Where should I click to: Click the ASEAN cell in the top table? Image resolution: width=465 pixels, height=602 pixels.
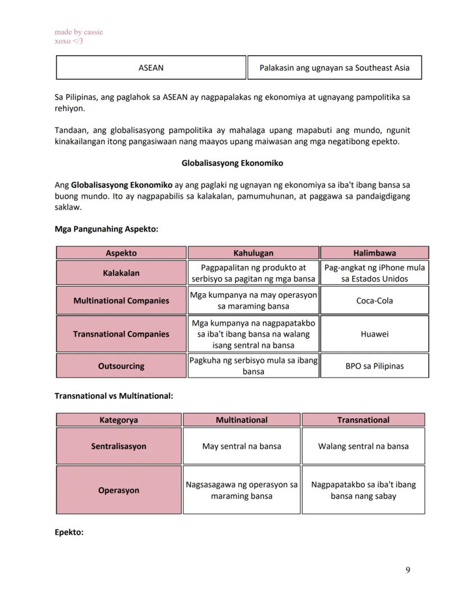coord(151,68)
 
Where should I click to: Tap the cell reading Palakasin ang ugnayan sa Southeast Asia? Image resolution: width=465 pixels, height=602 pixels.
coord(334,68)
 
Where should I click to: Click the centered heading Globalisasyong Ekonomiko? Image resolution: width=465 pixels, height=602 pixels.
coord(232,164)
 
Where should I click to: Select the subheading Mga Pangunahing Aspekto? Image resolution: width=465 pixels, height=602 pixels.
coord(106,229)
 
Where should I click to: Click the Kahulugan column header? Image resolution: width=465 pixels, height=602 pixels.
coord(253,253)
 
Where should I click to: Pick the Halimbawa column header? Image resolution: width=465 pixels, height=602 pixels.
coord(375,253)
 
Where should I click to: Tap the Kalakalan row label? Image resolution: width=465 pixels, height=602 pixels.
coord(121,273)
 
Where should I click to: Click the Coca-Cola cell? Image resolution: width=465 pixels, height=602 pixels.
coord(375,301)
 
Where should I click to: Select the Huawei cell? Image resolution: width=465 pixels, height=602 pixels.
coord(375,334)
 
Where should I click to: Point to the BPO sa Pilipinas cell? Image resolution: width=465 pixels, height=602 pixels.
coord(375,366)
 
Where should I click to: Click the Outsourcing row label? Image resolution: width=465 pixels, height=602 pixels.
coord(121,366)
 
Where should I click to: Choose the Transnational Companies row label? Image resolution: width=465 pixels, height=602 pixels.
coord(121,334)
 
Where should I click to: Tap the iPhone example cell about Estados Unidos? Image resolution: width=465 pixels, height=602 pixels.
coord(375,273)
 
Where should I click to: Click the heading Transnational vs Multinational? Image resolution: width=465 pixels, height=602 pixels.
coord(113,396)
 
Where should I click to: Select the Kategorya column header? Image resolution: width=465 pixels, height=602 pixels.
coord(118,420)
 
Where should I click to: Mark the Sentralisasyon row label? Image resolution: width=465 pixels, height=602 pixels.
coord(118,446)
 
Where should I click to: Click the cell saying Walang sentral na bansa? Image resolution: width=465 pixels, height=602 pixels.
coord(363,446)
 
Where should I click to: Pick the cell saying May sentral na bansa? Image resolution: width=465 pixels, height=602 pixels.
coord(241,446)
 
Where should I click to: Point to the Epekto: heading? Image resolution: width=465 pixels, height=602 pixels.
coord(69,532)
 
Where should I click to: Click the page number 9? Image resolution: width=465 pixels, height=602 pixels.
coord(408,571)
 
